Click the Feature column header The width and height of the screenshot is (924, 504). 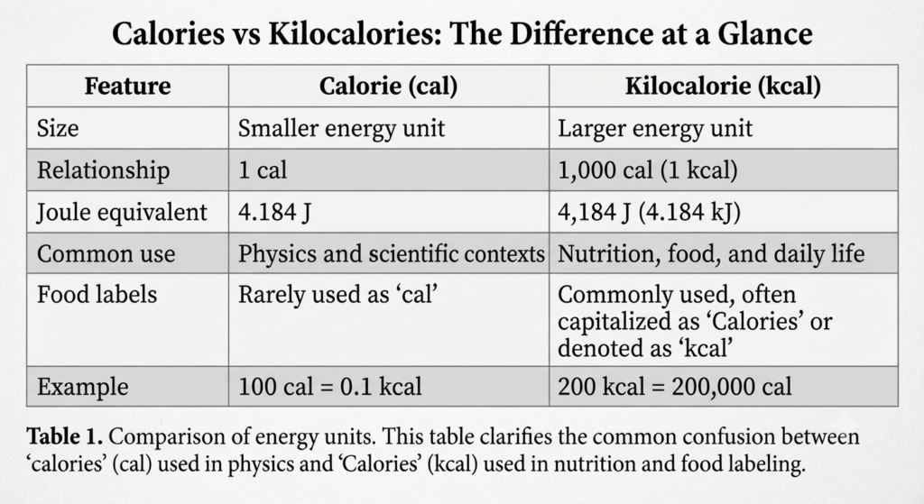pyautogui.click(x=127, y=86)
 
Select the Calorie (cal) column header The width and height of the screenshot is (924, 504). pyautogui.click(x=388, y=86)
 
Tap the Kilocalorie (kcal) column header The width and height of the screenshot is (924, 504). pyautogui.click(x=723, y=86)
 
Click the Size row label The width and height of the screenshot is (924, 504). pyautogui.click(x=58, y=128)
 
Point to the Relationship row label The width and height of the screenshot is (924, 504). pyautogui.click(x=103, y=170)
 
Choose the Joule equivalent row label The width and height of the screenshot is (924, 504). pyautogui.click(x=122, y=212)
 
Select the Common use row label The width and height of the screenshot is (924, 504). pyautogui.click(x=106, y=253)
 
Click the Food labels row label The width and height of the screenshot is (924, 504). pyautogui.click(x=97, y=295)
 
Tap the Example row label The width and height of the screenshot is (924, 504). pyautogui.click(x=82, y=387)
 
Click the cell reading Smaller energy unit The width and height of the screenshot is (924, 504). pyautogui.click(x=341, y=128)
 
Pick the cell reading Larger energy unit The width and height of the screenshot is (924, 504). pyautogui.click(x=655, y=128)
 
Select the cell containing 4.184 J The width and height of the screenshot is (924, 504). pyautogui.click(x=274, y=212)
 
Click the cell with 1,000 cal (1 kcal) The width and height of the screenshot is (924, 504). pyautogui.click(x=648, y=170)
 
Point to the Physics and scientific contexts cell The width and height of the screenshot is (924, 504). pyautogui.click(x=392, y=253)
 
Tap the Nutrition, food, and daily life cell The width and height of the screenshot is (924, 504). pyautogui.click(x=711, y=253)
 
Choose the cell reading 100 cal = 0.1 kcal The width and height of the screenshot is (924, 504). pyautogui.click(x=330, y=387)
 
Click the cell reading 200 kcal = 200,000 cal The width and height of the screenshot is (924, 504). pyautogui.click(x=675, y=387)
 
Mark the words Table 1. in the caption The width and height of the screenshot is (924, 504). pyautogui.click(x=65, y=437)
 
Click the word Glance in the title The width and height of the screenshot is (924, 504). pyautogui.click(x=764, y=33)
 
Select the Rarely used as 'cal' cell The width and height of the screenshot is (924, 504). pyautogui.click(x=337, y=295)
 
